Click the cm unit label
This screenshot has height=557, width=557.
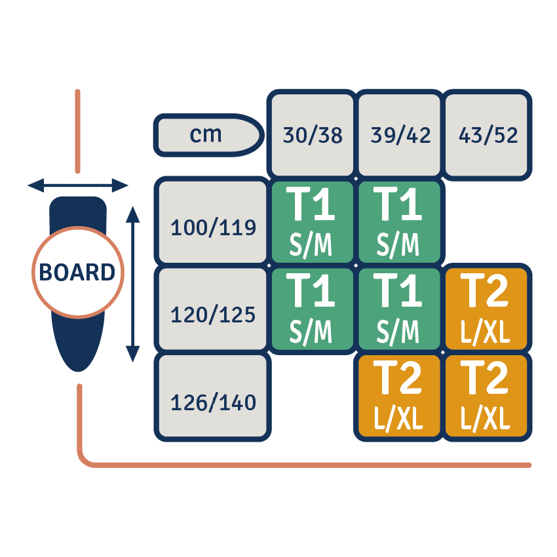pos(206,135)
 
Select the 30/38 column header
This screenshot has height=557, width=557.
pos(313,135)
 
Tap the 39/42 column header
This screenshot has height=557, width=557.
pos(400,135)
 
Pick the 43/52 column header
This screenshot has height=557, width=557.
pos(487,135)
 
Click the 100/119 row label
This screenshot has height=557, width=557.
pos(213,227)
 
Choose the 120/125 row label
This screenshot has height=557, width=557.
pos(213,315)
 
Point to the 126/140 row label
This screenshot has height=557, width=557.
pos(213,402)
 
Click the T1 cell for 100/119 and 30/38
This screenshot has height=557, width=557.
pos(312,221)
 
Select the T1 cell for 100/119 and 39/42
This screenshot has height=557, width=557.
pos(399,221)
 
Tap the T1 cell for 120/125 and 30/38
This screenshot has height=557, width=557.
pos(312,308)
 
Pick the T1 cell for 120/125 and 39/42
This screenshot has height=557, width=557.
pos(399,308)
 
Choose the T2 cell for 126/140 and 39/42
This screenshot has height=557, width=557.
pos(399,395)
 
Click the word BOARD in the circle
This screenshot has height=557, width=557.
pos(77,272)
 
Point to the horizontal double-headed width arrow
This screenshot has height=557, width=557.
pos(77,186)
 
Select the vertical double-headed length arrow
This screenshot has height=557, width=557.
pos(133,283)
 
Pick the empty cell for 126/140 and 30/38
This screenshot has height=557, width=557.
pos(312,395)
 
